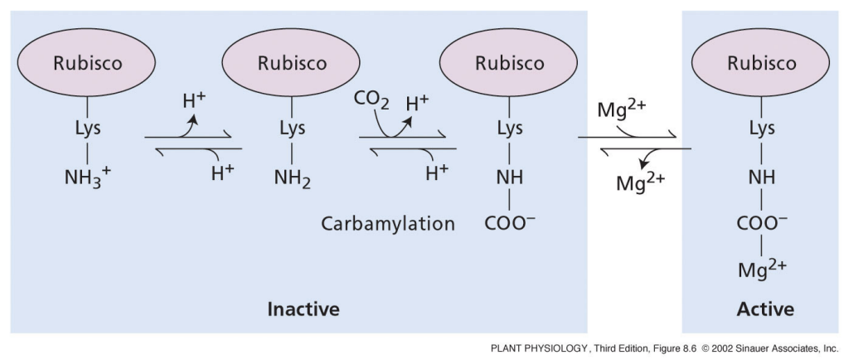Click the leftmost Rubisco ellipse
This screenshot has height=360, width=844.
pyautogui.click(x=89, y=63)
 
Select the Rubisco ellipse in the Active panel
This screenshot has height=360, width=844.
pyautogui.click(x=761, y=63)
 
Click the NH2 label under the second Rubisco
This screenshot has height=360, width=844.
pyautogui.click(x=293, y=177)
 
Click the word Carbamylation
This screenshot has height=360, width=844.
pyautogui.click(x=389, y=224)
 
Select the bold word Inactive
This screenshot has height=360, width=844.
pyautogui.click(x=303, y=309)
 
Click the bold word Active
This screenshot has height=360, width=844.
pyautogui.click(x=764, y=309)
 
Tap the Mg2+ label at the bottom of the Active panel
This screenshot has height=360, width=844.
pyautogui.click(x=762, y=269)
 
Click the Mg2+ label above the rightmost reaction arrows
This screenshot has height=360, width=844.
pyautogui.click(x=623, y=109)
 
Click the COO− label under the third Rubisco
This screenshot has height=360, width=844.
pyautogui.click(x=510, y=224)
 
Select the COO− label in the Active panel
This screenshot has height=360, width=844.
pyautogui.click(x=762, y=224)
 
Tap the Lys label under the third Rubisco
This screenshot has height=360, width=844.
pyautogui.click(x=510, y=129)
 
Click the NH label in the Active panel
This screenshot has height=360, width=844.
pyautogui.click(x=762, y=176)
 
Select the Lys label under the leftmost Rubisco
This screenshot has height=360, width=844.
pyautogui.click(x=88, y=129)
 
